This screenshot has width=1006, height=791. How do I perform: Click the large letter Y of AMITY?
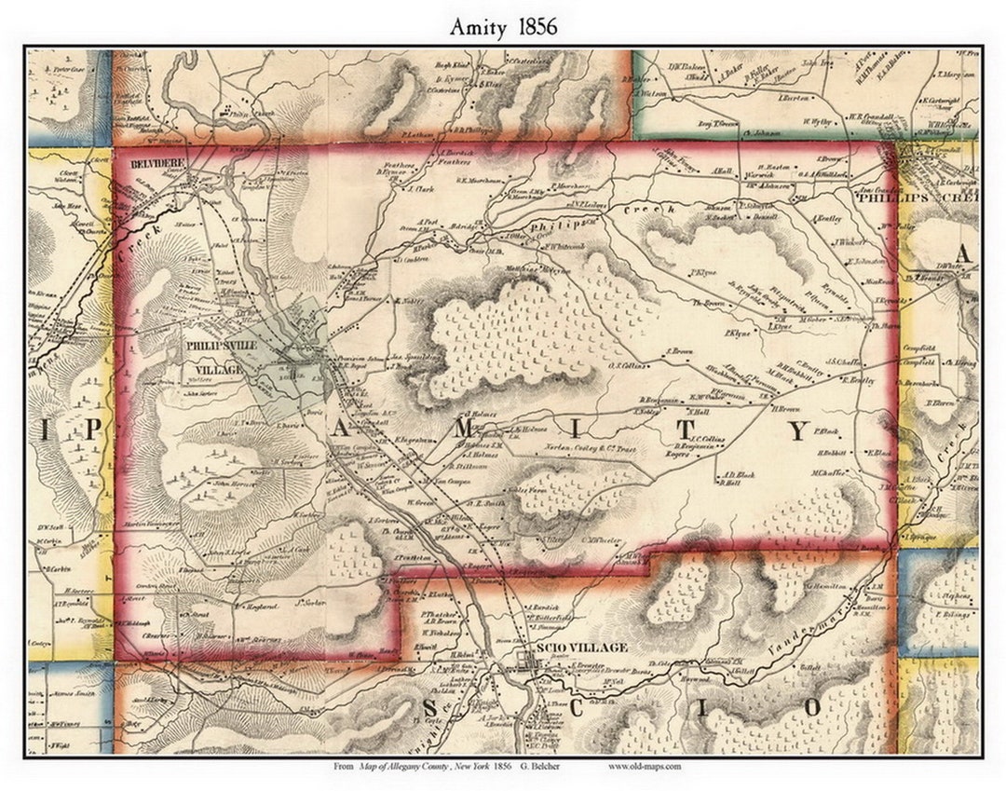pos(798,430)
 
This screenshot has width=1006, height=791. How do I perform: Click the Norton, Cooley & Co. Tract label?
pos(590,448)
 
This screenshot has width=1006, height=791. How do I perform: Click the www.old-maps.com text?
pos(646,766)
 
